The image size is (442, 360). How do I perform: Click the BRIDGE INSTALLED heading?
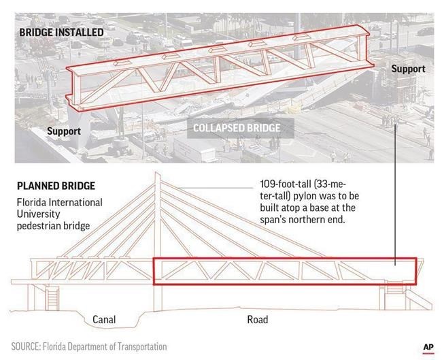click(x=61, y=32)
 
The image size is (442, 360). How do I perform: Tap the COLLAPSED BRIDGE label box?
click(x=241, y=128)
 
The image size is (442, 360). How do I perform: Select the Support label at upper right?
click(x=408, y=69)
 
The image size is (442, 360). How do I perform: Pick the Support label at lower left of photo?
click(x=64, y=131)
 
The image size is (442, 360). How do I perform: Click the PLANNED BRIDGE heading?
click(x=56, y=186)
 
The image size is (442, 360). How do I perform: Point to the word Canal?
click(x=104, y=320)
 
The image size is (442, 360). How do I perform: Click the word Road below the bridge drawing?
click(x=258, y=320)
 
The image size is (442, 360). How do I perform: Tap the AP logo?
click(x=428, y=347)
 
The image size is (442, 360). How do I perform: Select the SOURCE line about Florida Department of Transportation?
click(x=89, y=346)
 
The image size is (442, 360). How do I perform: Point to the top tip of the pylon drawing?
click(x=157, y=171)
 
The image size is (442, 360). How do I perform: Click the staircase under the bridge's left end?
click(x=52, y=299)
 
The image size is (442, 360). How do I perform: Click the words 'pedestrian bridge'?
click(x=53, y=226)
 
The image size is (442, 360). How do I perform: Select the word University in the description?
click(x=38, y=214)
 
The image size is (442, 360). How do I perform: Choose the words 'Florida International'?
click(x=59, y=202)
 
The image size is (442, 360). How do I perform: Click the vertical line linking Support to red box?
click(x=395, y=195)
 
